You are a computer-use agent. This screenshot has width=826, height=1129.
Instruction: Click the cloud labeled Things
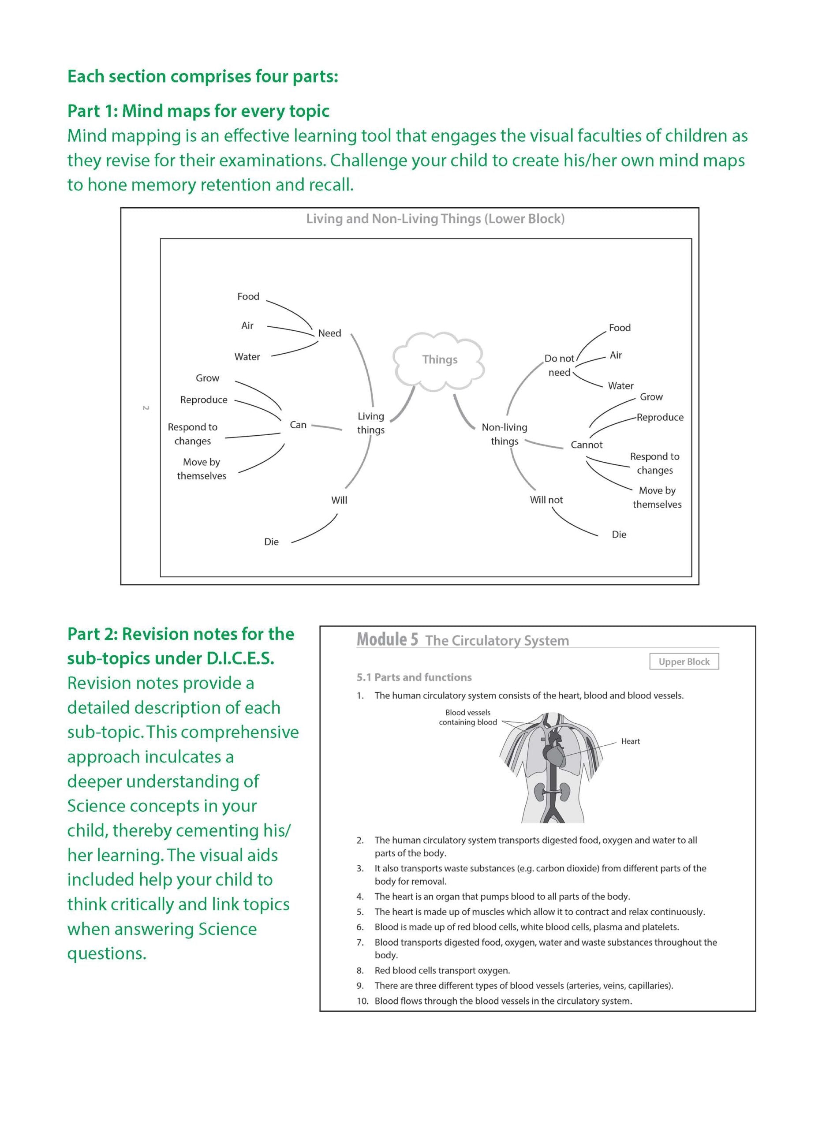[439, 360]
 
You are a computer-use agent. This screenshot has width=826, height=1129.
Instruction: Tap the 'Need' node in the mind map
[329, 333]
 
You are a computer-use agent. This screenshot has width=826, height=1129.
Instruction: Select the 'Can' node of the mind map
[298, 425]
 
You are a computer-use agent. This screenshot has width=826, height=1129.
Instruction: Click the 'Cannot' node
[587, 445]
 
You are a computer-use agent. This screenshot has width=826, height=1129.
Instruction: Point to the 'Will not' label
[546, 500]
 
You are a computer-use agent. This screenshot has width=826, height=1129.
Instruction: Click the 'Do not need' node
[559, 366]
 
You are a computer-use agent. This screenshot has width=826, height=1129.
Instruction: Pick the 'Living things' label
[370, 423]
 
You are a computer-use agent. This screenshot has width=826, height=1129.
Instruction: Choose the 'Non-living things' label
[504, 434]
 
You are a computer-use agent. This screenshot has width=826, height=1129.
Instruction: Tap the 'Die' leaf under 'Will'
[271, 542]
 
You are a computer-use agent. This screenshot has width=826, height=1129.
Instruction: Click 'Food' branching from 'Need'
[248, 296]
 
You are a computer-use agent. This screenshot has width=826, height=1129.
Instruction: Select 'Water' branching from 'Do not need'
[620, 385]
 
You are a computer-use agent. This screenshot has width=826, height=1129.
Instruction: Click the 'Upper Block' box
[684, 662]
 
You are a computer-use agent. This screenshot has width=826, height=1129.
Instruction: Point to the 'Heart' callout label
[630, 741]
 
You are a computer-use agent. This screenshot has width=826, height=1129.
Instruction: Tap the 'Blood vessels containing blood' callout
[467, 718]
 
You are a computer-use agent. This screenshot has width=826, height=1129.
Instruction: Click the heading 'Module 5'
[387, 639]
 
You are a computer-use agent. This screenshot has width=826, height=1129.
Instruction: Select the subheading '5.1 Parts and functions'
[414, 677]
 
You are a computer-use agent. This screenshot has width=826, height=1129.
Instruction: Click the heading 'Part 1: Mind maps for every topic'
[198, 111]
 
